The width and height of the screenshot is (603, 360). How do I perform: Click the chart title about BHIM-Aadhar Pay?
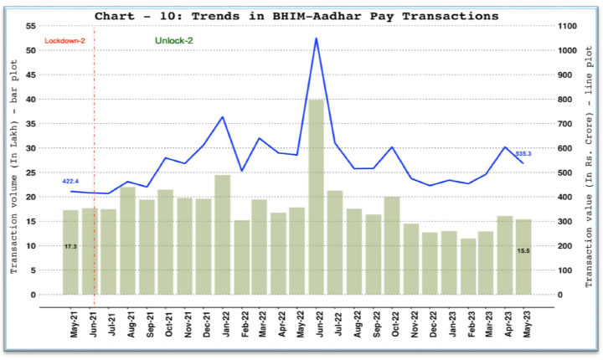tap(296, 16)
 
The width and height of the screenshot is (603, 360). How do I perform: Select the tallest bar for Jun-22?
tap(317, 197)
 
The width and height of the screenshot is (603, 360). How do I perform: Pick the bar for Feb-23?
tap(468, 266)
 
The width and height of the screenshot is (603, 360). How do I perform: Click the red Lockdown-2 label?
tap(64, 40)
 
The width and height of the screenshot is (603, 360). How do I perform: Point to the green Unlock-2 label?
tap(173, 40)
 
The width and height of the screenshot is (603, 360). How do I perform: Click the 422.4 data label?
tap(70, 182)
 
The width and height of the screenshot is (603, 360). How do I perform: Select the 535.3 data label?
tap(524, 154)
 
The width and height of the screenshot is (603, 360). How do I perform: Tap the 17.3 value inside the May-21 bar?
tap(70, 246)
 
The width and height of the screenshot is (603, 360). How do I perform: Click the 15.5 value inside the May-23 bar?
tap(523, 250)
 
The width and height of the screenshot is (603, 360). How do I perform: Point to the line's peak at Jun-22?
tap(316, 39)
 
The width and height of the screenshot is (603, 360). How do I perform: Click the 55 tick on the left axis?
tap(31, 26)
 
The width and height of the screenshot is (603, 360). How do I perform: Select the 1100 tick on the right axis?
tap(569, 26)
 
